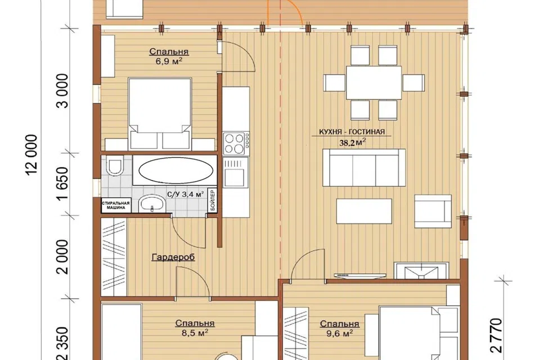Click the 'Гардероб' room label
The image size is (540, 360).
pyautogui.click(x=173, y=257)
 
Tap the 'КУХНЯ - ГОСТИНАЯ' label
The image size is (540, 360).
pyautogui.click(x=352, y=132)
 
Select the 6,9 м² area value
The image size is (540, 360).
pyautogui.click(x=169, y=62)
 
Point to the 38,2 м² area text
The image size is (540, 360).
pyautogui.click(x=352, y=143)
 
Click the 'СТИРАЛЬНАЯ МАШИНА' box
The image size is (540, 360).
pyautogui.click(x=116, y=205)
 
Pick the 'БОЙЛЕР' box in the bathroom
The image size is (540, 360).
pyautogui.click(x=213, y=200)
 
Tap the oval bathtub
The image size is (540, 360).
pyautogui.click(x=175, y=170)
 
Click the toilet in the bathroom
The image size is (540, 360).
pyautogui.click(x=115, y=166)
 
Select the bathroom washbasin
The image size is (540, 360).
pyautogui.click(x=152, y=203)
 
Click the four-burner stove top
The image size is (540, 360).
pyautogui.click(x=236, y=143)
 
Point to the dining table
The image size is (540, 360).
pyautogui.click(x=373, y=83)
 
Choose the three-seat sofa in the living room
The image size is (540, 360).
pyautogui.click(x=364, y=168)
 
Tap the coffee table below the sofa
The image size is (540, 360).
pyautogui.click(x=364, y=211)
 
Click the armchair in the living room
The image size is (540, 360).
pyautogui.click(x=433, y=211)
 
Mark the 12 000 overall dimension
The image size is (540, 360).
pyautogui.click(x=31, y=155)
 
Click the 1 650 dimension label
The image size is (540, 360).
pyautogui.click(x=64, y=184)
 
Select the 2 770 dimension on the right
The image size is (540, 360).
pyautogui.click(x=496, y=335)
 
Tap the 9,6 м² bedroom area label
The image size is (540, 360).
pyautogui.click(x=340, y=334)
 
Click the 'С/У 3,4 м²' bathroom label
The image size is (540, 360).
pyautogui.click(x=185, y=194)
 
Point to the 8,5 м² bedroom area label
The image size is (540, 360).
pyautogui.click(x=195, y=333)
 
